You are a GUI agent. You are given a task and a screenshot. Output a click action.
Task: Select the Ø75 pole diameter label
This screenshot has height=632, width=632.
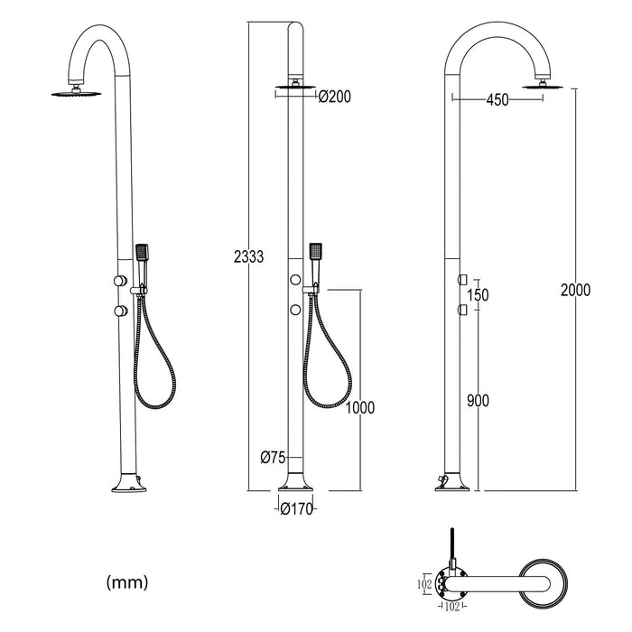(x=273, y=458)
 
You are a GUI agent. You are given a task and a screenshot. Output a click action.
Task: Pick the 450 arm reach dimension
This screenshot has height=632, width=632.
(x=497, y=100)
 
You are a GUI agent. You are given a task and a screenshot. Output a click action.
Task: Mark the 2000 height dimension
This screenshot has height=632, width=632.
(x=575, y=290)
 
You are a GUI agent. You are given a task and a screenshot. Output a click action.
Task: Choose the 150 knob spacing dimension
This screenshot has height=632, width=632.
(x=477, y=294)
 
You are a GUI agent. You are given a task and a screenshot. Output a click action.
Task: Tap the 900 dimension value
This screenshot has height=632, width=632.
(x=477, y=399)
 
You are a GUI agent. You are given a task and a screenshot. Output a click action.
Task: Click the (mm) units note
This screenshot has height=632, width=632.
(x=127, y=580)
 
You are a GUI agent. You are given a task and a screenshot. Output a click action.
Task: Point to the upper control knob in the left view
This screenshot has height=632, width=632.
(x=118, y=283)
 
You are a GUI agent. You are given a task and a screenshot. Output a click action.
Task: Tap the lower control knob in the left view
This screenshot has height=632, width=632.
(x=118, y=311)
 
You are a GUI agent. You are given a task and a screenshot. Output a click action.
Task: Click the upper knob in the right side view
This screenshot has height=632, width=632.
(x=461, y=278)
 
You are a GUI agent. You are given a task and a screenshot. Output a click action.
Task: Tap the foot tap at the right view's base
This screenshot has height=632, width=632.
(x=441, y=478)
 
